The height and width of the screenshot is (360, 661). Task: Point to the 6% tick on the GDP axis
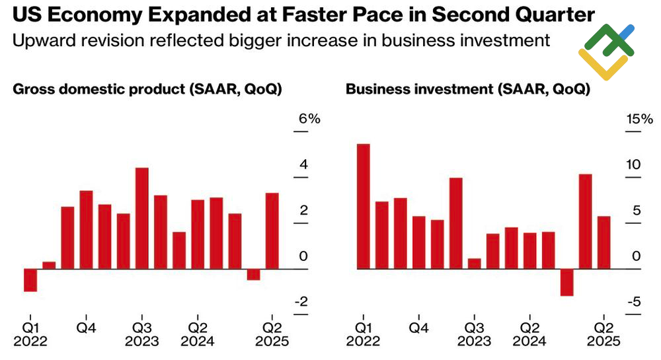(309, 120)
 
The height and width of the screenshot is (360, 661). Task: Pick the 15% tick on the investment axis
(640, 120)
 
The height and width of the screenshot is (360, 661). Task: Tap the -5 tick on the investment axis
(633, 302)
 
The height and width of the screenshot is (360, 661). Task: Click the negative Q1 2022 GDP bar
(30, 280)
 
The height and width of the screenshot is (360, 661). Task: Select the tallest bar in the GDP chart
(141, 218)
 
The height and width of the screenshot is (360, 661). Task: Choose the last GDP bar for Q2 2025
(272, 231)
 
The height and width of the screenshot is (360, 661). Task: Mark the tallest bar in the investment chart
(363, 206)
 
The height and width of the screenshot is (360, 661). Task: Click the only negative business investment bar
(566, 282)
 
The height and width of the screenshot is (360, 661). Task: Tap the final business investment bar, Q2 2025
(603, 242)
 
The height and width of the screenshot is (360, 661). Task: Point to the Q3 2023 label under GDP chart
(141, 334)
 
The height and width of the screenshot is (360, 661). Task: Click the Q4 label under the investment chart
(418, 327)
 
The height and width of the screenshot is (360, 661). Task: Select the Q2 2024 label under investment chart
(529, 334)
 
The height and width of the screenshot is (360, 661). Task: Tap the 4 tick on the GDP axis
(303, 164)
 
